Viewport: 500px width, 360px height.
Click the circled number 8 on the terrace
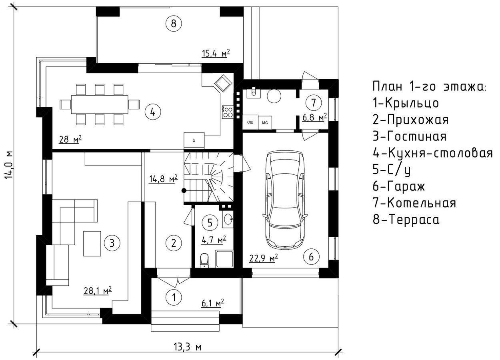click(x=174, y=24)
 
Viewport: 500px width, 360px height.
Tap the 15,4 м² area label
click(x=216, y=53)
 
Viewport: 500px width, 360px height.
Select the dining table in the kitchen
click(x=100, y=104)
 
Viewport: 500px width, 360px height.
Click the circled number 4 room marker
click(x=153, y=112)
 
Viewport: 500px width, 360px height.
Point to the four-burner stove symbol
click(x=228, y=112)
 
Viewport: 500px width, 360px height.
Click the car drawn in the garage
click(x=285, y=200)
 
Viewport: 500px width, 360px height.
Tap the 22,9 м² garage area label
click(x=264, y=258)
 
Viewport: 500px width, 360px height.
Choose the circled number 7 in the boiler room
click(x=314, y=103)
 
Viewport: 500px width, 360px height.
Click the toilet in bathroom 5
click(x=204, y=260)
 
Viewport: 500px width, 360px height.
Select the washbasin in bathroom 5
click(x=228, y=219)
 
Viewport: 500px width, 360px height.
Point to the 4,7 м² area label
click(x=214, y=240)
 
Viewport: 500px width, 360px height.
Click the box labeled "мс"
click(x=265, y=122)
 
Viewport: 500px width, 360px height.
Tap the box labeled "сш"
click(x=250, y=122)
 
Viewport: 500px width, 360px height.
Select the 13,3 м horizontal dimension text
click(x=188, y=347)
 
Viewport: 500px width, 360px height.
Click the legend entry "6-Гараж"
click(x=399, y=186)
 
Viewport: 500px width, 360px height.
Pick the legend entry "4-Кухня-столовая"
click(x=433, y=153)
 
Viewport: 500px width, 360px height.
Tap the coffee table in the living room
click(x=92, y=244)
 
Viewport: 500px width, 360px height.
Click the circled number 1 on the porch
click(x=174, y=297)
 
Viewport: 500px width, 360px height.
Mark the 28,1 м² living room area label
click(x=98, y=291)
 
